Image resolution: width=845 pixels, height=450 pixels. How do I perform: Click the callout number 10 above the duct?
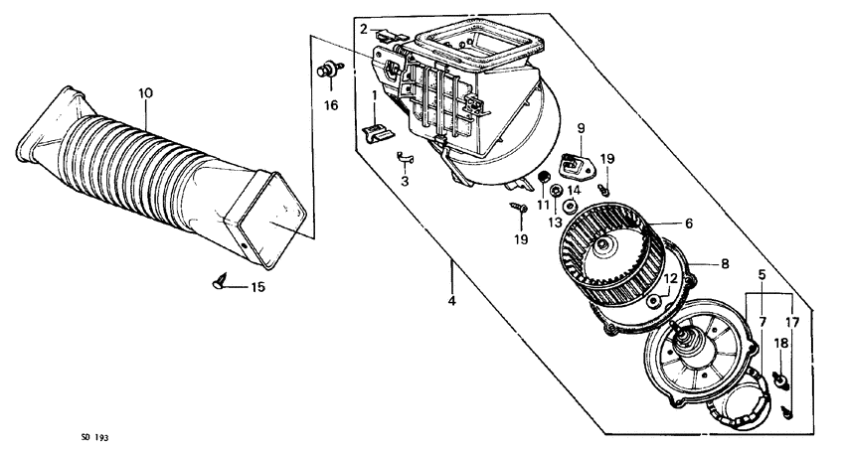[145, 93]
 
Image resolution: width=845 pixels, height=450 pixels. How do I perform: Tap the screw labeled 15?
[221, 283]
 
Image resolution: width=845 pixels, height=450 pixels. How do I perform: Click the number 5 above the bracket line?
[762, 273]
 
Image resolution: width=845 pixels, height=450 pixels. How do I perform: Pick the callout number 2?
[364, 28]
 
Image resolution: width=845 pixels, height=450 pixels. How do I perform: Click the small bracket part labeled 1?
[377, 132]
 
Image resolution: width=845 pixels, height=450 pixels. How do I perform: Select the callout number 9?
[581, 127]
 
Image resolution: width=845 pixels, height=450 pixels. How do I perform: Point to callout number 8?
[725, 264]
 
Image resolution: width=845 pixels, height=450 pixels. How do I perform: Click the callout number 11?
[544, 204]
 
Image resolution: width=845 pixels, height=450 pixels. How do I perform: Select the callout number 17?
[792, 321]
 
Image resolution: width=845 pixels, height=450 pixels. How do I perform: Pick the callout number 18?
[780, 343]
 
